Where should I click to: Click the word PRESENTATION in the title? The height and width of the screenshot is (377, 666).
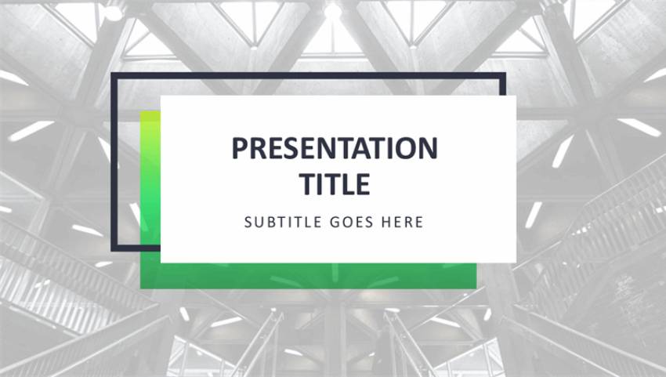[335, 148]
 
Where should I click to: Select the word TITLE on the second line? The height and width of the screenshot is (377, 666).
[335, 183]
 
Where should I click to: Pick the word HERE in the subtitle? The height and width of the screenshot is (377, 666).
[402, 223]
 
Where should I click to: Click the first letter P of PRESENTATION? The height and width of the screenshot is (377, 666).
[239, 148]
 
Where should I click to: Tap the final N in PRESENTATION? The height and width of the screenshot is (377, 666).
[428, 148]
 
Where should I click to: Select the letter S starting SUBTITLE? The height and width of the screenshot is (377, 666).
[248, 223]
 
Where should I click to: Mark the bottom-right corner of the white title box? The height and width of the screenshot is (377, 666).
[515, 261]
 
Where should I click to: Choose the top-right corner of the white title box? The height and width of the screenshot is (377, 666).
[515, 97]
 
